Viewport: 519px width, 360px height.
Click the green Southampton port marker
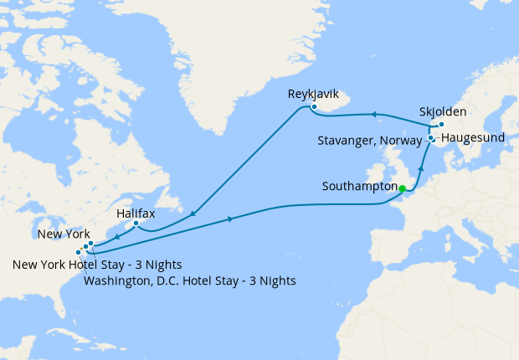403,188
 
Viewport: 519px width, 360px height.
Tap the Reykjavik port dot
314,107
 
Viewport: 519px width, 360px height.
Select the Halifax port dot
136,224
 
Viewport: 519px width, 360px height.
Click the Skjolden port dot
441,125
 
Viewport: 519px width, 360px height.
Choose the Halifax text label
135,214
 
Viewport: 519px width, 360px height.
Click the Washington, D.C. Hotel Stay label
190,280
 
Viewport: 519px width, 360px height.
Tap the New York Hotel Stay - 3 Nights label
98,265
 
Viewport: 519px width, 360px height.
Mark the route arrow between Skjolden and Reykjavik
374,114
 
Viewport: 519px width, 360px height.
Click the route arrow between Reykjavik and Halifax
194,214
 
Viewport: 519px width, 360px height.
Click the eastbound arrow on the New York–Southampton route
230,219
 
